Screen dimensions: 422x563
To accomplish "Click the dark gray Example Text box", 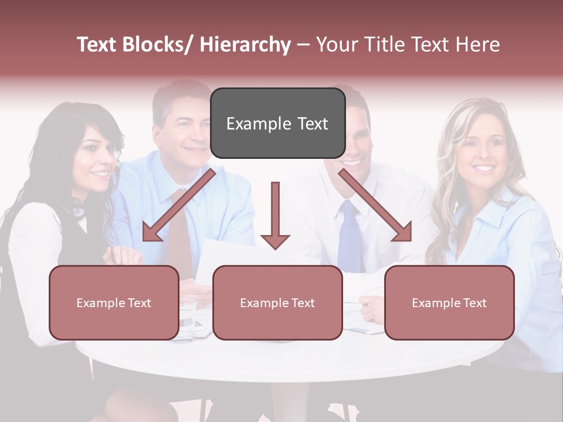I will pos(277,123).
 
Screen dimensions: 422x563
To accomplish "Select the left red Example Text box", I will pos(114,302).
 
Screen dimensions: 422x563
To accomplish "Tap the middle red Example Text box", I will pos(277,302).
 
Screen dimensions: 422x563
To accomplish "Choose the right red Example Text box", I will pos(449,302).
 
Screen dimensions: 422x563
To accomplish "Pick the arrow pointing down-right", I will pos(376,206).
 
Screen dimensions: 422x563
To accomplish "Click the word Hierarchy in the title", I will pos(245,45).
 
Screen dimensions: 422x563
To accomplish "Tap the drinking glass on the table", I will pos(187,320).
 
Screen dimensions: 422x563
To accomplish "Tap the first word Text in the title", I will pos(99,45).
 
